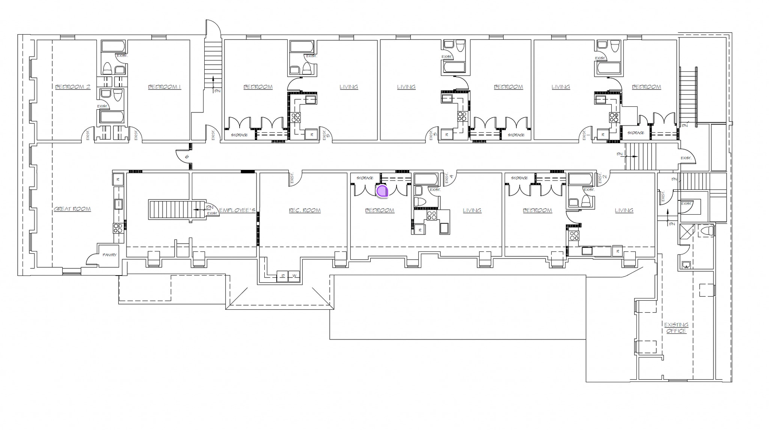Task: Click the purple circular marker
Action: pyautogui.click(x=382, y=191)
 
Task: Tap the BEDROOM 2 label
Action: pyautogui.click(x=73, y=87)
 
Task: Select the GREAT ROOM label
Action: pyautogui.click(x=72, y=209)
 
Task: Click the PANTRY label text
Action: pyautogui.click(x=109, y=255)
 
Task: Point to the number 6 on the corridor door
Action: pyautogui.click(x=187, y=157)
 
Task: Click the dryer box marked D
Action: pyautogui.click(x=282, y=276)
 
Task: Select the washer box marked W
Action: pyautogui.click(x=294, y=276)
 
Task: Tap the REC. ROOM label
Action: pyautogui.click(x=305, y=210)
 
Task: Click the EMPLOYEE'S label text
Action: pyautogui.click(x=237, y=210)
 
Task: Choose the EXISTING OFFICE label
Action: pyautogui.click(x=676, y=328)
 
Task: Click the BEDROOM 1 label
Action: pyautogui.click(x=164, y=87)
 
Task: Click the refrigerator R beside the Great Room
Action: pyautogui.click(x=118, y=179)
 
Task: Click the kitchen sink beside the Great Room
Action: pyautogui.click(x=118, y=204)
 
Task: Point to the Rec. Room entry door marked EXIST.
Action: pyautogui.click(x=295, y=179)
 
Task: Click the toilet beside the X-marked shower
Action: pyautogui.click(x=706, y=231)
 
